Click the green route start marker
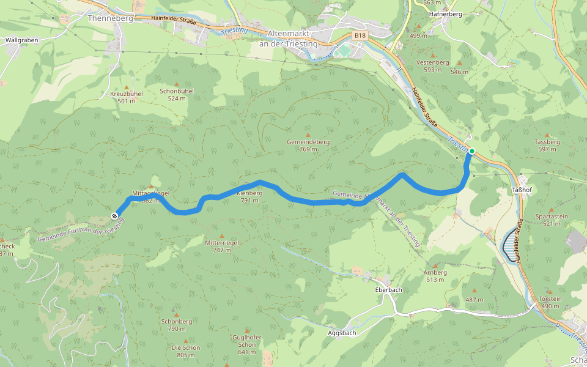pos(471,150)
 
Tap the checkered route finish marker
pos(114,216)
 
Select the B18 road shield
pos(360,36)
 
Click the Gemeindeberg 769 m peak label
pos(308,145)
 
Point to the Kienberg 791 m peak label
pos(249,196)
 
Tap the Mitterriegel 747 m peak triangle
pos(221,236)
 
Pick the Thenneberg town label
pos(110,18)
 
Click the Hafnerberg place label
pos(446,13)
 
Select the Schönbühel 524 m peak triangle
pos(177,84)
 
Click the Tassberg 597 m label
pos(547,145)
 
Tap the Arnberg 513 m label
pos(435,276)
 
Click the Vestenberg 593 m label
pos(432,66)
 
